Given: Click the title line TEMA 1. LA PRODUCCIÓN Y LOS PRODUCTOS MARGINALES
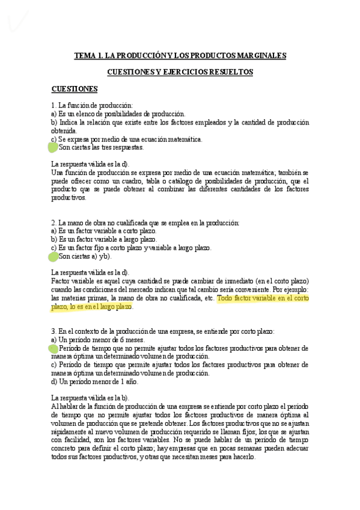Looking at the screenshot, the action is (180, 55).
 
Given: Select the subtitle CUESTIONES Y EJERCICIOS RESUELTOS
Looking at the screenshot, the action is (180, 72).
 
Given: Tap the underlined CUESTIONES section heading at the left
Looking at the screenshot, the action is (75, 89).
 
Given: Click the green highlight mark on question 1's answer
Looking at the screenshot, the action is (53, 147).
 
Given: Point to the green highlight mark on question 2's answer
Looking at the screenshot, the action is (53, 257).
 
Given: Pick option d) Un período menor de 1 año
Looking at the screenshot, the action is (95, 381).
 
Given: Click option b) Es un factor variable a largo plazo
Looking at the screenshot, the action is (99, 239).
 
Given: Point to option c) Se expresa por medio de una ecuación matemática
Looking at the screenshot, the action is (127, 139).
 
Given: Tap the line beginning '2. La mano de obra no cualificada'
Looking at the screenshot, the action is (145, 223).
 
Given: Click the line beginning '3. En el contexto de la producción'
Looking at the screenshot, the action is (162, 331).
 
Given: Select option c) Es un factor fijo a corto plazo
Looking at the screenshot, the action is (131, 248).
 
